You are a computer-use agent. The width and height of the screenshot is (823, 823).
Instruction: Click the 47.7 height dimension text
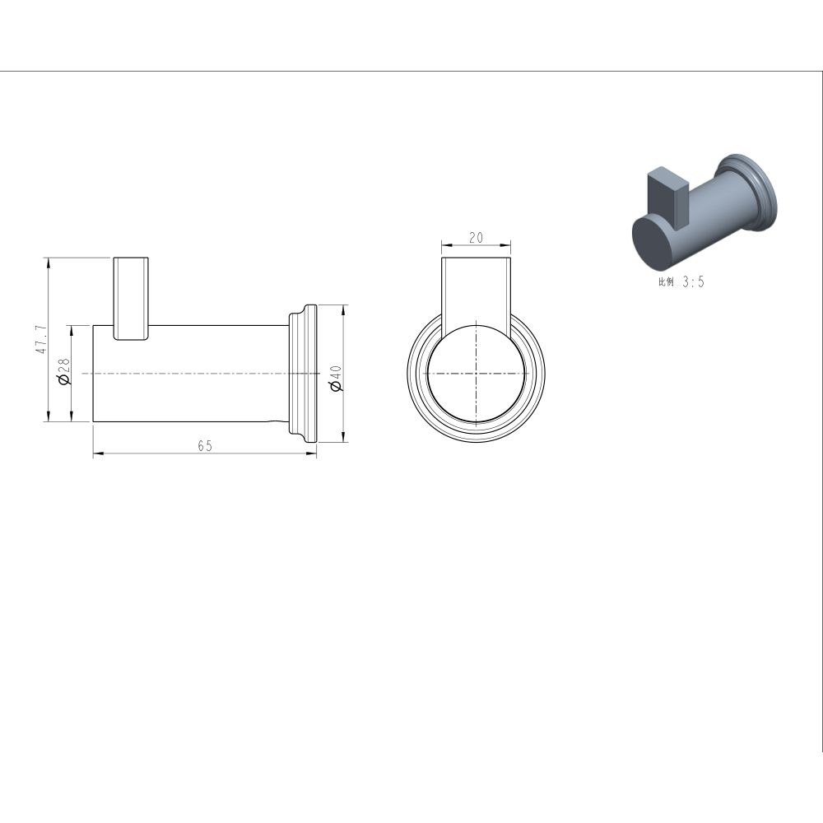(x=41, y=339)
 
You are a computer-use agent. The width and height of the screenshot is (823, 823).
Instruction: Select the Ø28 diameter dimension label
(x=64, y=372)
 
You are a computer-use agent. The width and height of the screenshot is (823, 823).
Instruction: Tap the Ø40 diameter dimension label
(x=336, y=379)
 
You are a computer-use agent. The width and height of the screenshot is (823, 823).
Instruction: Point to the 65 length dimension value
(x=205, y=446)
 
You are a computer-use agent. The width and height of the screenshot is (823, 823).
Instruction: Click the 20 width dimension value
(x=476, y=238)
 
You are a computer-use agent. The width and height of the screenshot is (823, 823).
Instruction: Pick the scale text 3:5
(x=693, y=282)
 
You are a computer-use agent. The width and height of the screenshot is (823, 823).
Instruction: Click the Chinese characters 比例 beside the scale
(x=666, y=281)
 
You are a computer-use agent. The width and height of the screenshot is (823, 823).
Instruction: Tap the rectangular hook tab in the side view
(x=132, y=299)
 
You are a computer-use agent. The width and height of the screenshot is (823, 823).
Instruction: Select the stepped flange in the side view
(x=304, y=373)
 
